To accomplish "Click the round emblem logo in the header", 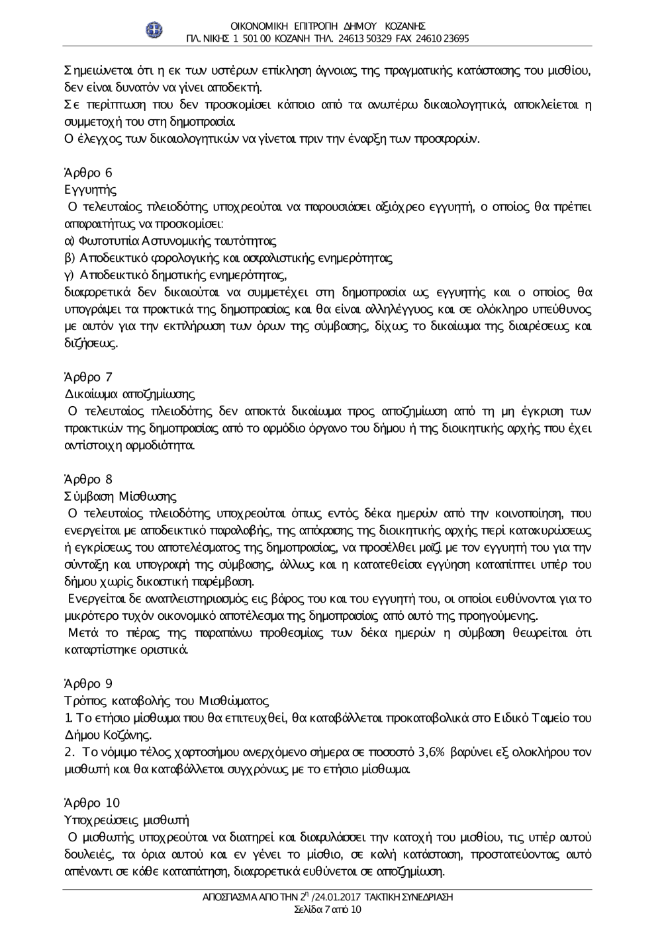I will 154,30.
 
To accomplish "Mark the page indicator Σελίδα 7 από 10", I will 328,910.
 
